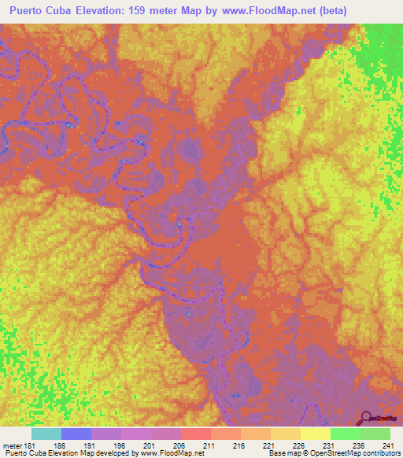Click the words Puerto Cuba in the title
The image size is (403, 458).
click(42, 10)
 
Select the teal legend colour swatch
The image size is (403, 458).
click(46, 434)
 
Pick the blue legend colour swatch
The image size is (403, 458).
click(76, 434)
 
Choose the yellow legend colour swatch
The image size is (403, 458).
click(316, 434)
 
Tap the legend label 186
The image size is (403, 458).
click(59, 445)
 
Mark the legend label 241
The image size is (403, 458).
click(388, 445)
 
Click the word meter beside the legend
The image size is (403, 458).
click(12, 445)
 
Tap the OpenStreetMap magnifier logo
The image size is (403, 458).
click(365, 419)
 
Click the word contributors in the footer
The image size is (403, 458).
click(382, 454)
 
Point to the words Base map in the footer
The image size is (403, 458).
click(282, 454)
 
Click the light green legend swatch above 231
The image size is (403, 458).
click(346, 434)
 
